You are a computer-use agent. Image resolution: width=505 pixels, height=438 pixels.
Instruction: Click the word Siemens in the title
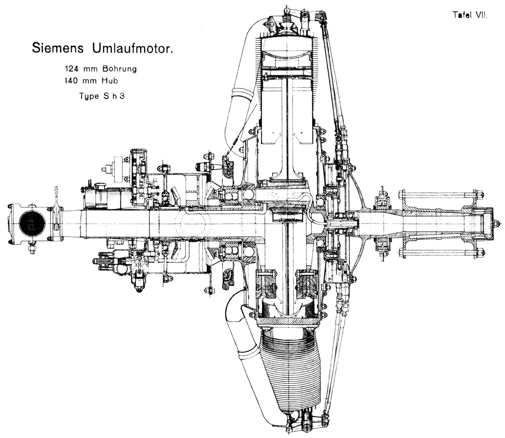coord(58,48)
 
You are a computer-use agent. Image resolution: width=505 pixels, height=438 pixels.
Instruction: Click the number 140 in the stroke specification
coord(72,80)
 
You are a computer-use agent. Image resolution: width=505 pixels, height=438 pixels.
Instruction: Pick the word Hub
coord(110,80)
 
